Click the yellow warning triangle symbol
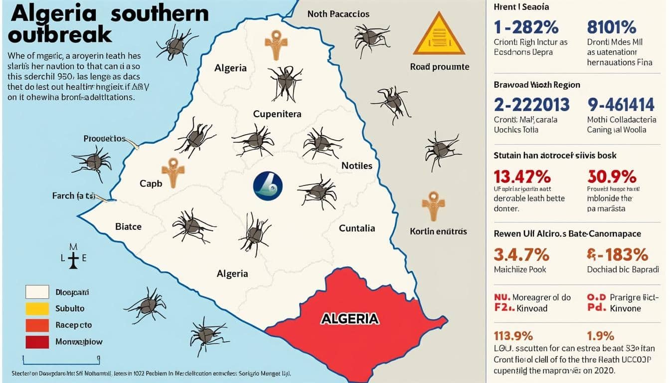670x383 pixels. (x=439, y=35)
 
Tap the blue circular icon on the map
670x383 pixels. (x=268, y=186)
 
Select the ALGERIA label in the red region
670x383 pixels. (x=349, y=319)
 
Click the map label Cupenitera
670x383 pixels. (x=277, y=114)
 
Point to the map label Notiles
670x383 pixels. (x=357, y=166)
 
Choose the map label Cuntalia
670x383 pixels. (x=357, y=228)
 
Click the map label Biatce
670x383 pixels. (x=128, y=226)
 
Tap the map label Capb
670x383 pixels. (x=151, y=184)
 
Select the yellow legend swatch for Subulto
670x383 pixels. (x=37, y=309)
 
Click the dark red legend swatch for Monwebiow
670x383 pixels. (x=37, y=342)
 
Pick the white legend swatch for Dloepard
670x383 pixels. (x=37, y=292)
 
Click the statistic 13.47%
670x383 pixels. (x=522, y=177)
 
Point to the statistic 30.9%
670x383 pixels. (x=612, y=177)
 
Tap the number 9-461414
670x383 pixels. (x=621, y=104)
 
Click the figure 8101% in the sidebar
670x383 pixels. (x=611, y=26)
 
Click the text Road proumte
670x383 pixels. (x=439, y=67)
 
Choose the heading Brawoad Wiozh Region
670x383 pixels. (x=537, y=85)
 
